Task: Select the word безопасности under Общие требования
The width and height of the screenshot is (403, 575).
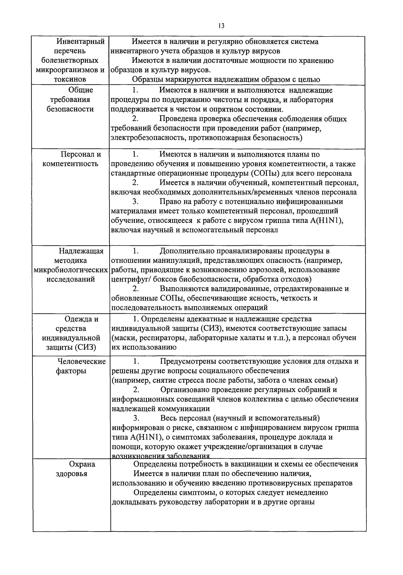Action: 70,109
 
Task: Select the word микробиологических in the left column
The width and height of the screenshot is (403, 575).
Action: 71,270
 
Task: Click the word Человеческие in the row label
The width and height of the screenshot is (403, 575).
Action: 82,361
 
